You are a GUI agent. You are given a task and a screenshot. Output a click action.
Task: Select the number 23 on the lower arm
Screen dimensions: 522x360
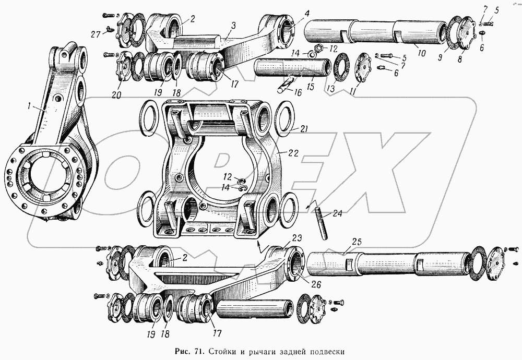296,237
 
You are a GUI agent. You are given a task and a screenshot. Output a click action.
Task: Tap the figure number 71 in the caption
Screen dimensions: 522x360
198,350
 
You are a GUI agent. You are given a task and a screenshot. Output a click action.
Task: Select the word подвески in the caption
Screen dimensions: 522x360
324,350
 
